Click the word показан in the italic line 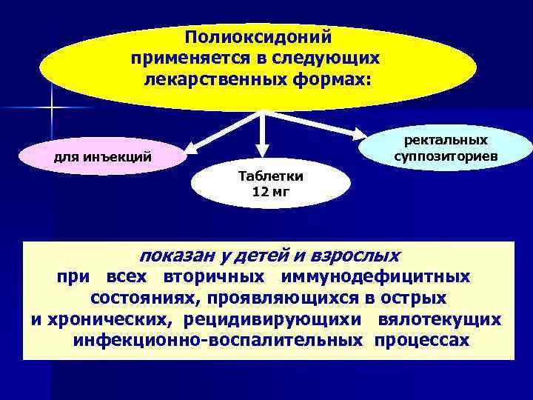coord(177,256)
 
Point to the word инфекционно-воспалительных coord(218,340)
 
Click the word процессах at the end coord(422,340)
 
